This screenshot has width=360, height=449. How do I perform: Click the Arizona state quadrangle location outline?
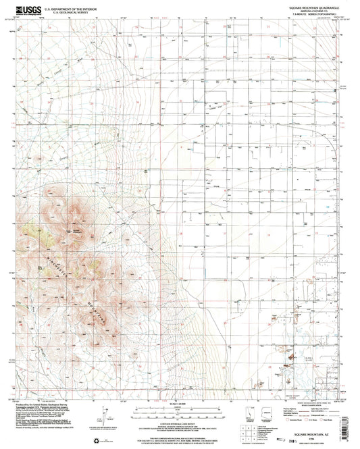[265, 414]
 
